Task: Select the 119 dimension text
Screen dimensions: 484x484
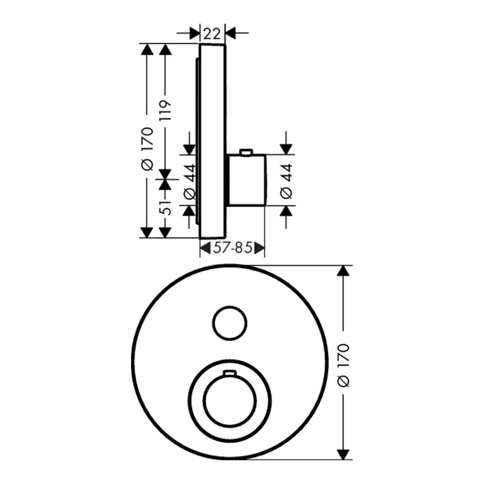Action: point(165,111)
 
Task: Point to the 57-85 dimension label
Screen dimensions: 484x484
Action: point(232,248)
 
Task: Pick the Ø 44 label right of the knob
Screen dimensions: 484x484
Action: point(287,181)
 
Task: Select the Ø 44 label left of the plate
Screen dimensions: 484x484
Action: point(190,182)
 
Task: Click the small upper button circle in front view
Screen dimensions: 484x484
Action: point(230,323)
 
